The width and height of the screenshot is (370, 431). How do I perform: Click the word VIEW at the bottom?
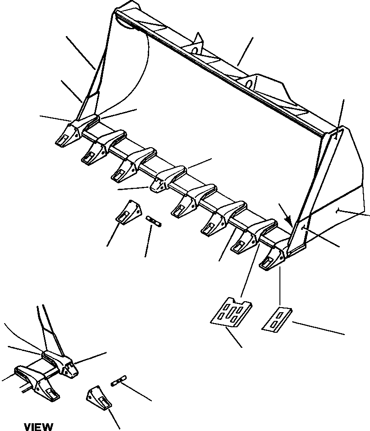[x=38, y=427]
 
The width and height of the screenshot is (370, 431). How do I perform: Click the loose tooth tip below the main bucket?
[x=128, y=213]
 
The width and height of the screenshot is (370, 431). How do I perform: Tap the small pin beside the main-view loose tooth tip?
[x=154, y=221]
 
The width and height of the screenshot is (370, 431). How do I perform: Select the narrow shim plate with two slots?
[x=277, y=319]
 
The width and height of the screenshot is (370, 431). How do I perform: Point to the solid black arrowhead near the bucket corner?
[x=288, y=220]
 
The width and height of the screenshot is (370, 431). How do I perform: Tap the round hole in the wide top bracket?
[x=249, y=84]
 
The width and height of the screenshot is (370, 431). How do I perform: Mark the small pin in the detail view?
[x=118, y=381]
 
